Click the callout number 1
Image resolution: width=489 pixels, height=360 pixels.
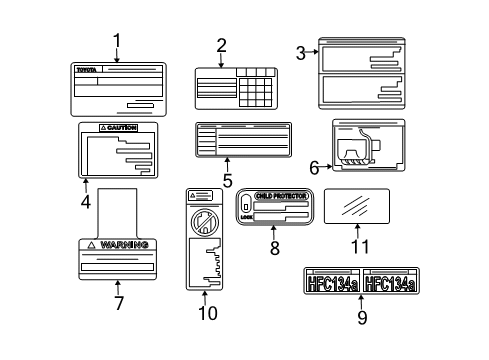pyautogui.click(x=116, y=41)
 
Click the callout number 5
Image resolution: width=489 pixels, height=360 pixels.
pyautogui.click(x=227, y=181)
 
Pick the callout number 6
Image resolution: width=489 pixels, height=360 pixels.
pyautogui.click(x=313, y=168)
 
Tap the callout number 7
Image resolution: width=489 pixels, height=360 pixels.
pyautogui.click(x=118, y=303)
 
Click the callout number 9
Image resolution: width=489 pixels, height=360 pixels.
pyautogui.click(x=362, y=318)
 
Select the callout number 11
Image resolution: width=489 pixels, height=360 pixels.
pyautogui.click(x=359, y=245)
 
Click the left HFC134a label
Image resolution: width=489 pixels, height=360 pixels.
pyautogui.click(x=331, y=284)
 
